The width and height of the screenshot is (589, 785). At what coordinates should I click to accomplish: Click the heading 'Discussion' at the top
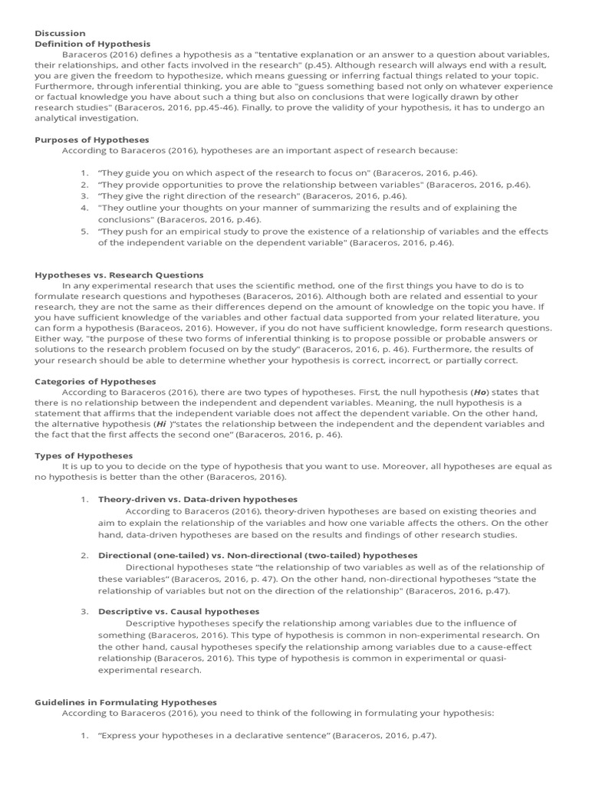[61, 33]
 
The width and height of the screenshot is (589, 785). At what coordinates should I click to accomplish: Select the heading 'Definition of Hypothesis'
[93, 44]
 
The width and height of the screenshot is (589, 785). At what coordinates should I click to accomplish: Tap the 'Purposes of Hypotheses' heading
[92, 140]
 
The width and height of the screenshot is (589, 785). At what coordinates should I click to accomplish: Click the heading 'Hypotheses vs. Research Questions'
[120, 274]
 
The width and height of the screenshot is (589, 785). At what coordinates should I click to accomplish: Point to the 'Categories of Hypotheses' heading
[96, 381]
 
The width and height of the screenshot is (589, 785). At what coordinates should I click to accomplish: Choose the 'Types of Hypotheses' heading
[84, 455]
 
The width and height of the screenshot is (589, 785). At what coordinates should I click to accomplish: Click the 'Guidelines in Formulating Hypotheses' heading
[126, 701]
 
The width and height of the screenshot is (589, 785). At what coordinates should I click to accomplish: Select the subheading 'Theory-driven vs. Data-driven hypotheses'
[198, 499]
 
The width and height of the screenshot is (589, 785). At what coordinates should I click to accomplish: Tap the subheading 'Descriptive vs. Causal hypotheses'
[179, 611]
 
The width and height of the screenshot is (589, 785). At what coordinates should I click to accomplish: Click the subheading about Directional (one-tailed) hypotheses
[258, 555]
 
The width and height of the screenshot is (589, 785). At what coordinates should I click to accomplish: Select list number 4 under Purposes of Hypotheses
[84, 208]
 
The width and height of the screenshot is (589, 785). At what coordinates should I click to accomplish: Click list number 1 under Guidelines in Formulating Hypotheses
[84, 736]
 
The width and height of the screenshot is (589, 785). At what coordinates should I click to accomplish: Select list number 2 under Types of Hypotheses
[84, 555]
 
